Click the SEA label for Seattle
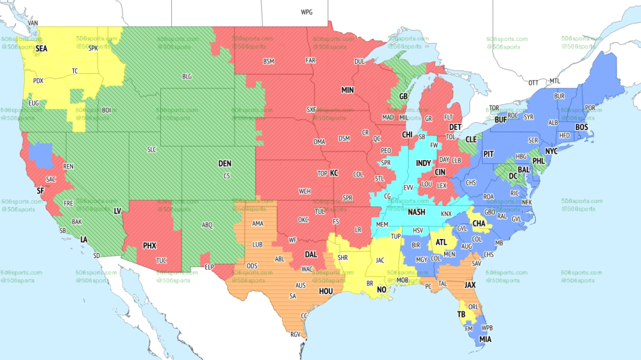(41, 48)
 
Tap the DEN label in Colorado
(224, 164)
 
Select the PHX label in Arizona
(149, 245)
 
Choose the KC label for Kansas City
(334, 173)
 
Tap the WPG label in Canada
(306, 12)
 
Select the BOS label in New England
(581, 127)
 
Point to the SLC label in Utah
(152, 149)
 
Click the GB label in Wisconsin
(403, 97)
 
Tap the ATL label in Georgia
(442, 243)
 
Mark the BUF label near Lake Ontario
(501, 120)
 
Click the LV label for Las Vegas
(117, 211)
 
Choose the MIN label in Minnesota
(347, 90)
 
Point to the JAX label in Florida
(470, 284)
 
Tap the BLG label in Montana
(187, 76)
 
